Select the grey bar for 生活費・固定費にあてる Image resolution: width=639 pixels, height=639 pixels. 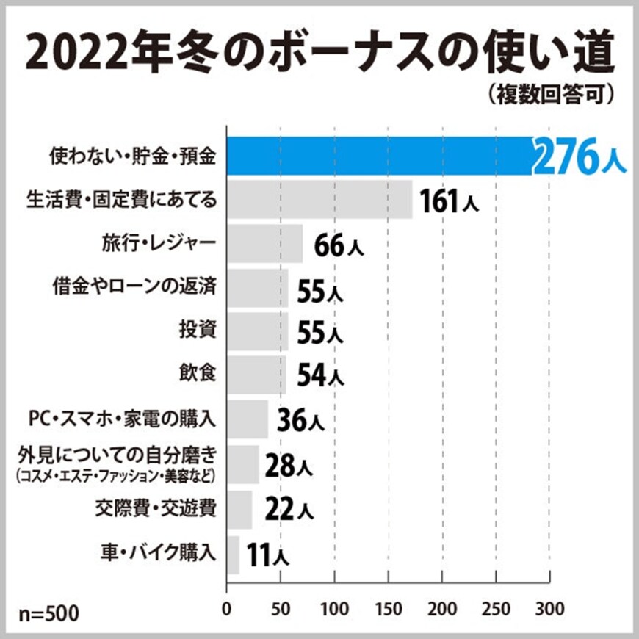point(319,200)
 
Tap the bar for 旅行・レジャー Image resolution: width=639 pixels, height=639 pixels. point(264,244)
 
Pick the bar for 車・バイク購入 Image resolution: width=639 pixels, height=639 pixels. point(233,554)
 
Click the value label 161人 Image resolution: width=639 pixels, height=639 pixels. point(449,201)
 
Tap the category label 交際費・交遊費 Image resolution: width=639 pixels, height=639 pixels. point(156,508)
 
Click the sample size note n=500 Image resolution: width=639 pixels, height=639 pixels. point(48,612)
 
